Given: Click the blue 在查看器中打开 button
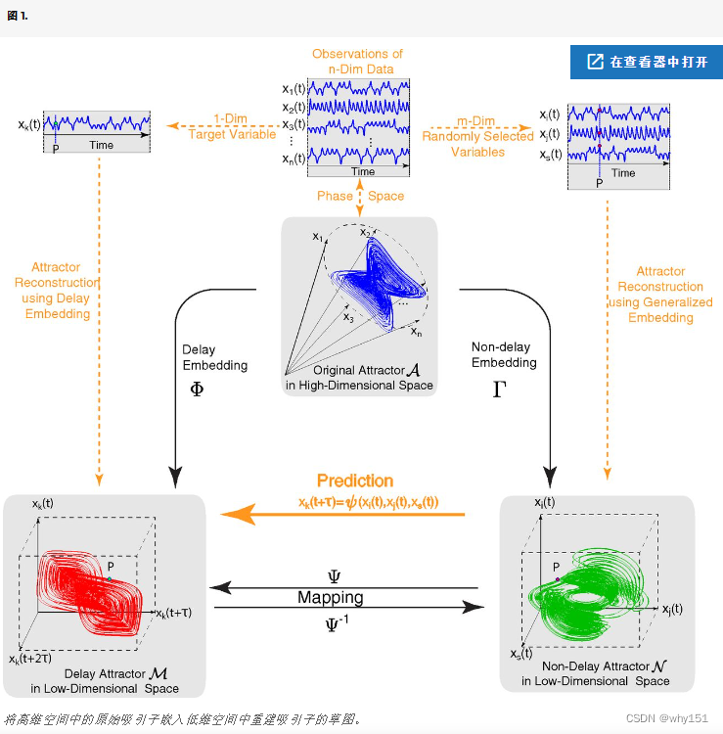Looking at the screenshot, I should (x=646, y=62).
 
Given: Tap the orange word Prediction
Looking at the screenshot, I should (x=355, y=481).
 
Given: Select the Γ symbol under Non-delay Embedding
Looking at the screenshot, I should (x=499, y=389).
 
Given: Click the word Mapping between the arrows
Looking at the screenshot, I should (x=330, y=597).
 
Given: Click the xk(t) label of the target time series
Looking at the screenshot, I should (x=29, y=124).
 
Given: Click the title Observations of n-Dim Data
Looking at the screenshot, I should (x=357, y=62).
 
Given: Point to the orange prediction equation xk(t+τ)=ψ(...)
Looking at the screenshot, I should (x=369, y=502).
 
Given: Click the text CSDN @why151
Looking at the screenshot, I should (x=666, y=718).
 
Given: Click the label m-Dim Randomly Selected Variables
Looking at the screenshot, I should (x=478, y=136).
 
